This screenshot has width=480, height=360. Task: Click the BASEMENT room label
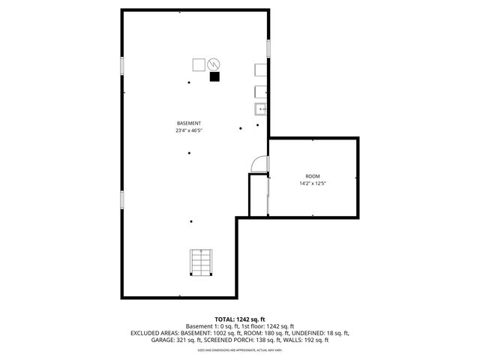[x=188, y=123]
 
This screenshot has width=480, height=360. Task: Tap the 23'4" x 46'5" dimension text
[x=188, y=130]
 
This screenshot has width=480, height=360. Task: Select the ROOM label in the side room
[x=312, y=175]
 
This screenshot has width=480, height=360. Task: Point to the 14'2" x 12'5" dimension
[x=312, y=183]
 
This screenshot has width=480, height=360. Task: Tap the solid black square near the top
[x=214, y=76]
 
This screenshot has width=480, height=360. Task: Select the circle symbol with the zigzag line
[x=214, y=64]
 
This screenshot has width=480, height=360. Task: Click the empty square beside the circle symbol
[x=199, y=64]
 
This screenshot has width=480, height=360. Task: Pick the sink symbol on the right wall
[x=261, y=109]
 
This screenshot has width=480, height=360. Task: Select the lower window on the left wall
[x=121, y=199]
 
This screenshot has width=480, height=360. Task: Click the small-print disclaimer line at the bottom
[x=239, y=349]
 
